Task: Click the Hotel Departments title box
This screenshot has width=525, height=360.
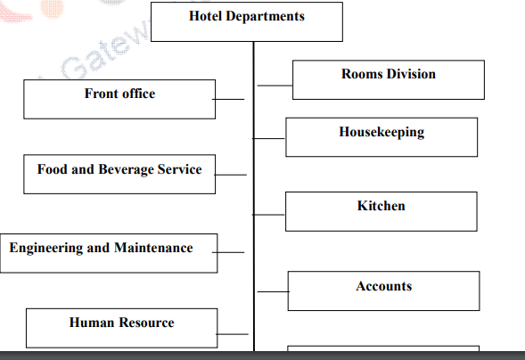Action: point(247,21)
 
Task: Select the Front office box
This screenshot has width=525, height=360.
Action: point(119,99)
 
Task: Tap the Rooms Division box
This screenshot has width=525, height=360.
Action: point(388,79)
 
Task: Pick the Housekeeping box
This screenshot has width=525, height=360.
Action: point(381,136)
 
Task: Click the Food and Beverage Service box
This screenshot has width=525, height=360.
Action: point(119,174)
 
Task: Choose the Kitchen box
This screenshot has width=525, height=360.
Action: point(381,211)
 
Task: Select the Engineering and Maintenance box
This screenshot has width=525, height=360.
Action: point(108,254)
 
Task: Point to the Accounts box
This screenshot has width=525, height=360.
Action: point(383,290)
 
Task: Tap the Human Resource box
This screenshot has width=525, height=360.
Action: point(121,327)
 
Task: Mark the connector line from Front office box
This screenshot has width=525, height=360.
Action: point(230,99)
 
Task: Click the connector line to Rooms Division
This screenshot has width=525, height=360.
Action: point(275,86)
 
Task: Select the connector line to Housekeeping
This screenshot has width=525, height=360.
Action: point(269,138)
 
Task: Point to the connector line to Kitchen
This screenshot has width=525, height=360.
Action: point(269,214)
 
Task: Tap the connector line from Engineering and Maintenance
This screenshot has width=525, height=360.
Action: point(230,252)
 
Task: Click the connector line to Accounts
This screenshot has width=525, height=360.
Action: point(272,291)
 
